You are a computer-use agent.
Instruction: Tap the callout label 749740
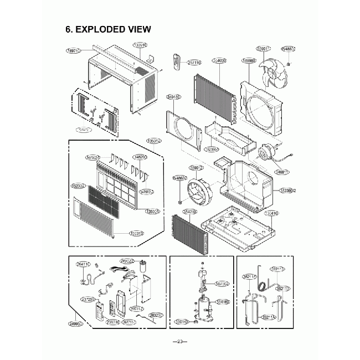pyautogui.click(x=74, y=50)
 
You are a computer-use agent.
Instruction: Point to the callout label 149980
pyautogui.click(x=249, y=60)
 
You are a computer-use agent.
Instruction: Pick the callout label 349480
pyautogui.click(x=174, y=97)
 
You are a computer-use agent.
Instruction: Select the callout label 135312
pyautogui.click(x=154, y=141)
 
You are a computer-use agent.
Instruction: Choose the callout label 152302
pyautogui.click(x=78, y=186)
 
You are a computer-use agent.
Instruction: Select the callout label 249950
pyautogui.click(x=76, y=323)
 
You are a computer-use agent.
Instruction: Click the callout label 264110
pyautogui.click(x=83, y=265)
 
